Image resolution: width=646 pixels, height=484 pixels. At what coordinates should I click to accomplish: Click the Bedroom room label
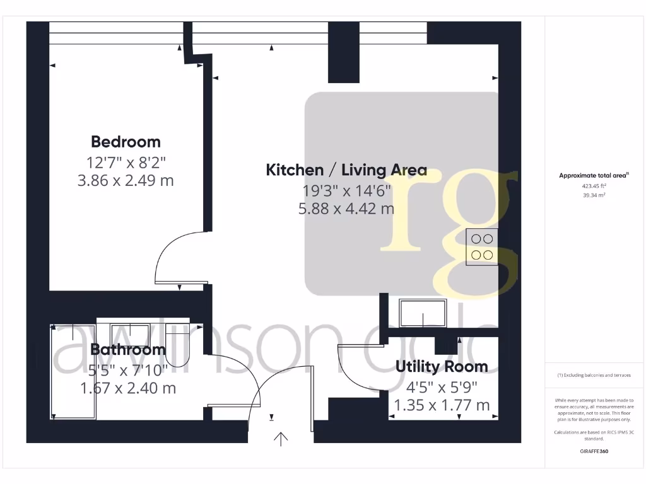pyautogui.click(x=126, y=142)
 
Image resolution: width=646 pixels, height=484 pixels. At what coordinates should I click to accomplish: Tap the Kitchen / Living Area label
pyautogui.click(x=346, y=170)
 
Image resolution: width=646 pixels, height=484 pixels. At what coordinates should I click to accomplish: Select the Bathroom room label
pyautogui.click(x=128, y=349)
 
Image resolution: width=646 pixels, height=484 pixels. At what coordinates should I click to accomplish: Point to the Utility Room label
pyautogui.click(x=442, y=366)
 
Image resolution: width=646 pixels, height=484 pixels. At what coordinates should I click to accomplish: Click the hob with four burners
pyautogui.click(x=482, y=246)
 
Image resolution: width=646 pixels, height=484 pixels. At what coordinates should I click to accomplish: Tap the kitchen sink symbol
pyautogui.click(x=423, y=313)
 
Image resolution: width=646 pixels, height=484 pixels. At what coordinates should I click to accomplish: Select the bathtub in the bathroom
pyautogui.click(x=73, y=372)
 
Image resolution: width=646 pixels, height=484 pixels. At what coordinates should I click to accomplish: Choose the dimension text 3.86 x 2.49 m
pyautogui.click(x=126, y=181)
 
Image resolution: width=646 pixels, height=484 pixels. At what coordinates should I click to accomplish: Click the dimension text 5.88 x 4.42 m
pyautogui.click(x=346, y=207)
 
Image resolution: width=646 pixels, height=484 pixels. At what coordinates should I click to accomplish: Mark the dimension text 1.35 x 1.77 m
pyautogui.click(x=442, y=405)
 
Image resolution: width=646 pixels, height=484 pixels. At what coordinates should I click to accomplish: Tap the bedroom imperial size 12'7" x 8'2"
pyautogui.click(x=126, y=162)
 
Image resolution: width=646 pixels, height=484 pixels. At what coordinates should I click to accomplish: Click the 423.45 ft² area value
pyautogui.click(x=594, y=186)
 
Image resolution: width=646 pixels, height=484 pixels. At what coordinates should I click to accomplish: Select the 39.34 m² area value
pyautogui.click(x=594, y=195)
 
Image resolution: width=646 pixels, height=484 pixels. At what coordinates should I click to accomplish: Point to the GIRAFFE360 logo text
pyautogui.click(x=594, y=451)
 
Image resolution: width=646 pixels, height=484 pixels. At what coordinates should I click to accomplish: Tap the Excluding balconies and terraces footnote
pyautogui.click(x=594, y=375)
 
